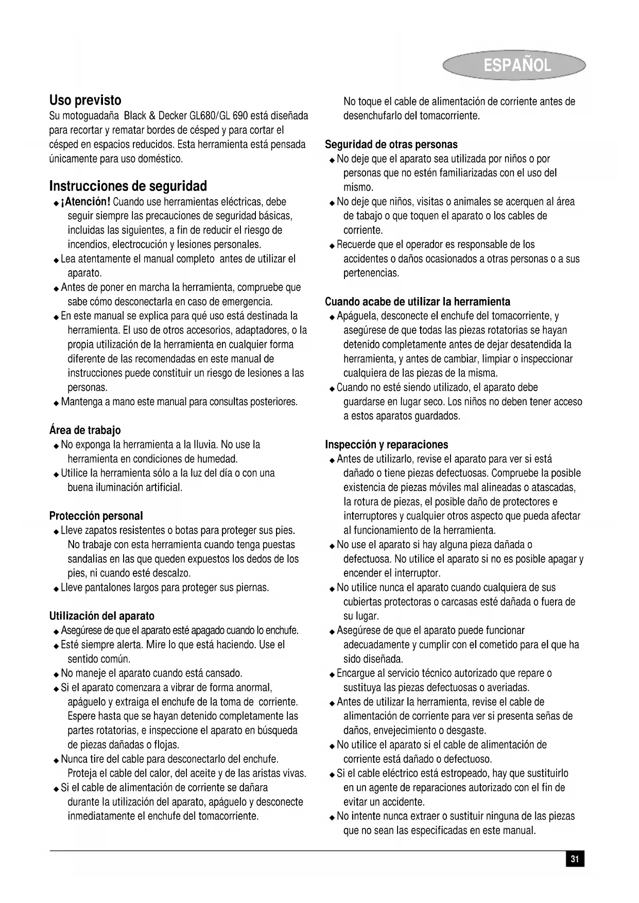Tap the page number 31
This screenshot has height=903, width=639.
pos(575,859)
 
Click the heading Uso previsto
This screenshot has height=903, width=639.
pos(85,100)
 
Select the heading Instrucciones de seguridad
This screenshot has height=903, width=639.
pos(128,186)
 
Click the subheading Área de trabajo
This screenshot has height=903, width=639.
pos(85,430)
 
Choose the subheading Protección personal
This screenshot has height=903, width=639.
pos(96,516)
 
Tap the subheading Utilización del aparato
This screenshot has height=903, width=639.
pos(102,616)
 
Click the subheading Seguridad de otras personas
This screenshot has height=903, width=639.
pos(391,145)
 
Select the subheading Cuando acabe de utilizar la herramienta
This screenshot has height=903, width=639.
pos(418,302)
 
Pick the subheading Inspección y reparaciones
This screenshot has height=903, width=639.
pos(387,445)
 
